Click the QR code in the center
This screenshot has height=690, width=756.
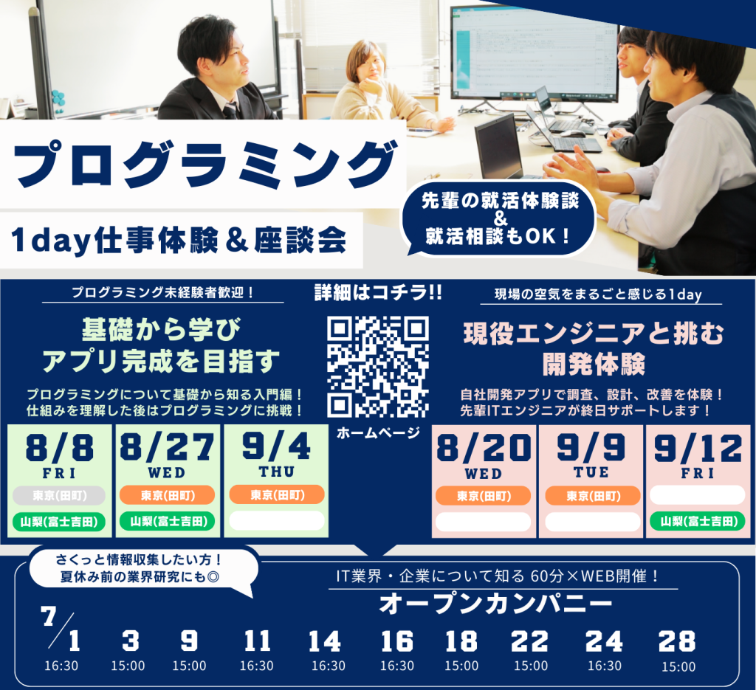377,367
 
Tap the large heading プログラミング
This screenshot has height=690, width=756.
205,164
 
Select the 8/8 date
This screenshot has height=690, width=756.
59,447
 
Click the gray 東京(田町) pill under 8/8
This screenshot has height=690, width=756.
59,496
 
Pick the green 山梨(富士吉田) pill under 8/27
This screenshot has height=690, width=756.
168,521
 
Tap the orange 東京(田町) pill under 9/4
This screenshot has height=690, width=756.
276,495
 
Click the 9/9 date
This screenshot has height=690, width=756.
591,448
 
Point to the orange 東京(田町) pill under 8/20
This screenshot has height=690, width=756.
483,496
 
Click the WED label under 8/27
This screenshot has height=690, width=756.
167,473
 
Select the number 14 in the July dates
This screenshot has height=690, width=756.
325,641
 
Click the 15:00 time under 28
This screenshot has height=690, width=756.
678,667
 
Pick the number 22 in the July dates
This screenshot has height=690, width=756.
529,641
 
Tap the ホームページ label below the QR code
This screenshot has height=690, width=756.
378,433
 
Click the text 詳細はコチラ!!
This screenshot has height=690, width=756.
378,292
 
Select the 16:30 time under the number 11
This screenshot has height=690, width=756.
256,666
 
